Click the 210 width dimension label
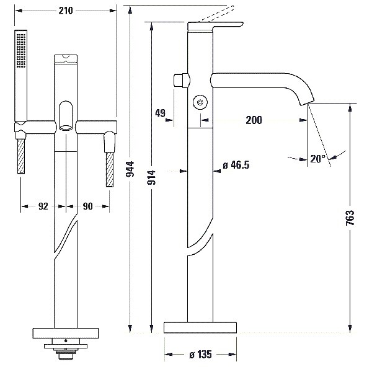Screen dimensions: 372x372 point(66,11)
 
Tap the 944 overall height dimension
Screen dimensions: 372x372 point(130,169)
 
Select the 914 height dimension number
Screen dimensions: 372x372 point(151,177)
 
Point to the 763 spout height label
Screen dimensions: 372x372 point(350,218)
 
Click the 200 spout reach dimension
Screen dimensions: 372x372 point(254,120)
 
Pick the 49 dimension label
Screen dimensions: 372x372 point(160,113)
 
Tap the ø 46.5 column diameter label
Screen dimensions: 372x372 point(236,165)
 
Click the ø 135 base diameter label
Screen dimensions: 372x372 point(200,355)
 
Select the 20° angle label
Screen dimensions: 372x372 point(317,159)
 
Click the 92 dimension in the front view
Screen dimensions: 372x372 point(43,206)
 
